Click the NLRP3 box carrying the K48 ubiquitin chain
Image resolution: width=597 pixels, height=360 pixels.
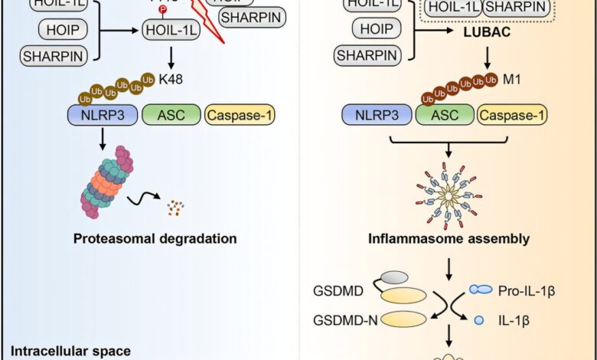tap(92, 116)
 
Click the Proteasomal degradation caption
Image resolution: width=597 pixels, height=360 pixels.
tap(155, 238)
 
